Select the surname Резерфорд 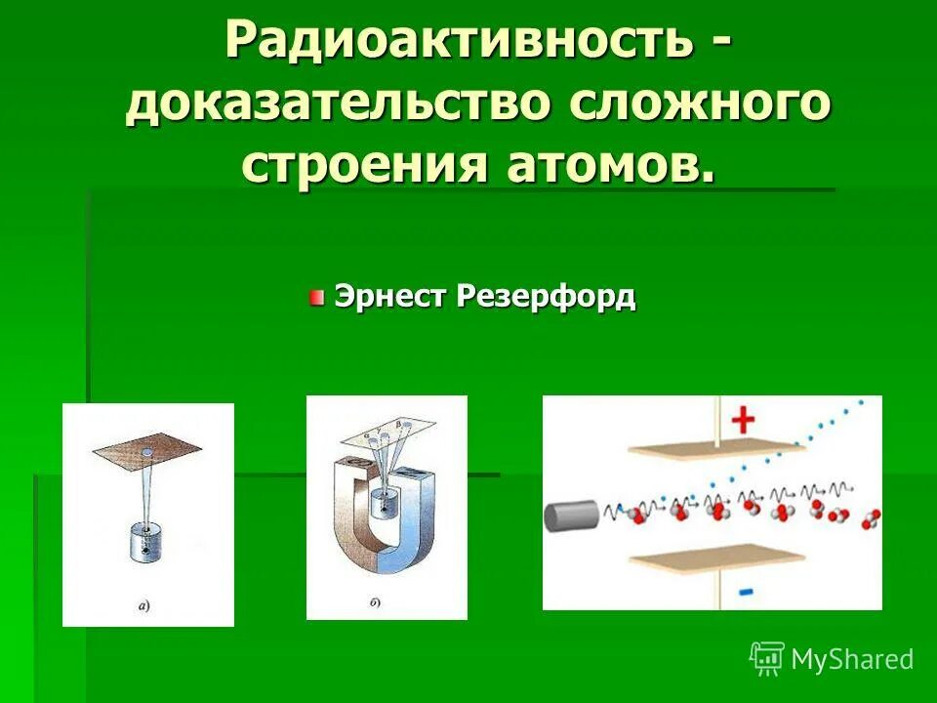point(545,296)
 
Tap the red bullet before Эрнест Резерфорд point(317,297)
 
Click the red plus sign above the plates point(744,420)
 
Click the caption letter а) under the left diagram point(143,606)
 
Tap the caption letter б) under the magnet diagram point(375,602)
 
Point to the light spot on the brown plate point(145,452)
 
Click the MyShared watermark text point(851,660)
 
